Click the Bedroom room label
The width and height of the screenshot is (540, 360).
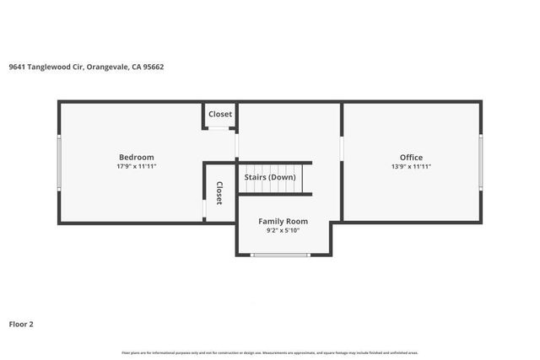pyautogui.click(x=136, y=157)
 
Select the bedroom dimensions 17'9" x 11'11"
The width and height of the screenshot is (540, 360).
pyautogui.click(x=136, y=167)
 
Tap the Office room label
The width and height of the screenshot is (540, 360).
pyautogui.click(x=411, y=157)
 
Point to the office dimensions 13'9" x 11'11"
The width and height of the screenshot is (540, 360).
pyautogui.click(x=411, y=167)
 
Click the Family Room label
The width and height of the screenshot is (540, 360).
pyautogui.click(x=283, y=221)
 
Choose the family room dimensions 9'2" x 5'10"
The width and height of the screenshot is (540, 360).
pyautogui.click(x=283, y=230)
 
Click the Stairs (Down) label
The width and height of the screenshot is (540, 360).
pyautogui.click(x=270, y=177)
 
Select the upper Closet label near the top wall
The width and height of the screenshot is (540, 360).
pyautogui.click(x=220, y=114)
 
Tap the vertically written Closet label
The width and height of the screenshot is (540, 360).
pyautogui.click(x=219, y=193)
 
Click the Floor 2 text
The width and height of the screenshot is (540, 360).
pyautogui.click(x=21, y=324)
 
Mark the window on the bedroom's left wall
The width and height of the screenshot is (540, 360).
pyautogui.click(x=58, y=162)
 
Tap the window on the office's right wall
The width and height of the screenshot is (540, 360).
pyautogui.click(x=481, y=162)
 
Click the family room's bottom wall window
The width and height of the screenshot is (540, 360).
pyautogui.click(x=275, y=255)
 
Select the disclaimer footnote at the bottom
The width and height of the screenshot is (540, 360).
pyautogui.click(x=270, y=352)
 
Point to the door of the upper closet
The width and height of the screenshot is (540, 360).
pyautogui.click(x=220, y=129)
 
